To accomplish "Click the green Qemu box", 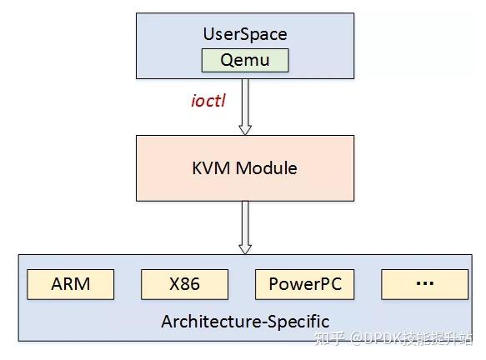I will click(245, 60).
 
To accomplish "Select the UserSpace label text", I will click(245, 34).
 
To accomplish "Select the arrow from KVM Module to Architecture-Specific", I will click(245, 225).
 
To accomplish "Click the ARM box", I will click(71, 284).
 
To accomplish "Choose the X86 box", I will click(184, 284).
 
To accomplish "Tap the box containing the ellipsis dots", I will click(424, 284).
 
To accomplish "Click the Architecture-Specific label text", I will click(245, 321).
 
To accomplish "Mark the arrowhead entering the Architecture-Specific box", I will click(245, 247).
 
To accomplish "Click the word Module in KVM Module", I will click(266, 168).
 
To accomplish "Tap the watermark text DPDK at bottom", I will click(383, 338).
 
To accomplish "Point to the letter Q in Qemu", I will click(228, 60).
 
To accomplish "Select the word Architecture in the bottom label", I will click(211, 321).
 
